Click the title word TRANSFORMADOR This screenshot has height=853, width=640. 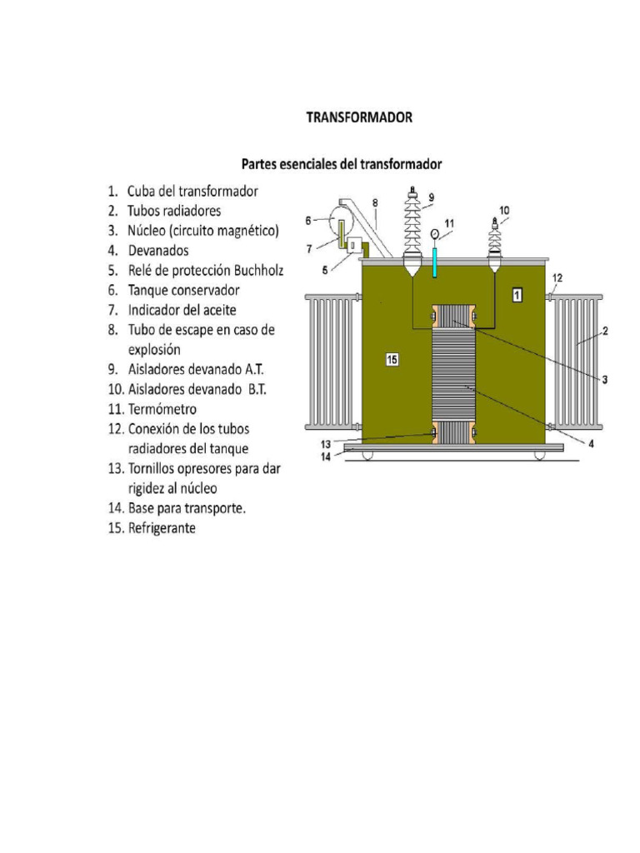click(358, 117)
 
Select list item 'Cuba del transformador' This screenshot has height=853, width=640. click(192, 191)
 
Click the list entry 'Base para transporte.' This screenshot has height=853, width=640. click(187, 508)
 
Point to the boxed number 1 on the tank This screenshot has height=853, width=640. click(517, 294)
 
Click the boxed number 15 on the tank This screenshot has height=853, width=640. click(393, 359)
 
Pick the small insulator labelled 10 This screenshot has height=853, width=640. click(495, 243)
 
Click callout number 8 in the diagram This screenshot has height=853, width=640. click(375, 202)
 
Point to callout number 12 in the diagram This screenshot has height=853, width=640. click(557, 277)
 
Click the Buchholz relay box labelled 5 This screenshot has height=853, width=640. click(354, 246)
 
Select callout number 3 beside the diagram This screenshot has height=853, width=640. click(605, 379)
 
